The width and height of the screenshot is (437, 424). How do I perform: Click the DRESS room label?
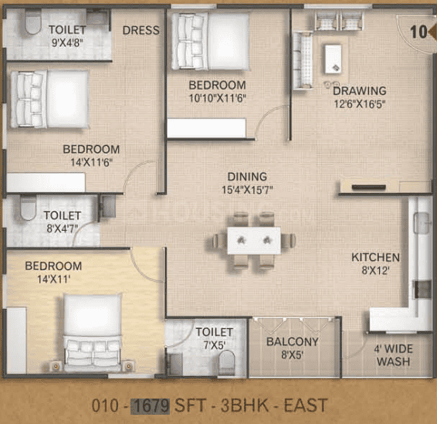click(141, 30)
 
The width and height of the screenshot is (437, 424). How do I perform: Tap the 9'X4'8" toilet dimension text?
click(67, 42)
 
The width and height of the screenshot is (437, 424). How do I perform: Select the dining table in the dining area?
click(254, 240)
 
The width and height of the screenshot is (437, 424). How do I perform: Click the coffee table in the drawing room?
click(333, 59)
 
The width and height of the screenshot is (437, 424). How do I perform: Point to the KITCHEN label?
click(375, 257)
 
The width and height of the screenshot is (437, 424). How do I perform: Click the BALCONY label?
click(293, 341)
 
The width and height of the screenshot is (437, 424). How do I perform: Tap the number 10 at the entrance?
click(418, 32)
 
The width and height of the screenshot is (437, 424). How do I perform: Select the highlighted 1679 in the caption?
click(151, 405)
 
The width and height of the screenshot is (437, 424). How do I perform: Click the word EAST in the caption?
click(306, 405)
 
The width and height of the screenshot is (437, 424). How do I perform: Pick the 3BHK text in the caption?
click(245, 405)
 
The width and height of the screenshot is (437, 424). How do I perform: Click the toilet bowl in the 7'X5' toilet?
click(226, 363)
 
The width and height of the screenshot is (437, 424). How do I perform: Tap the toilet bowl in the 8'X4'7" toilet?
click(29, 208)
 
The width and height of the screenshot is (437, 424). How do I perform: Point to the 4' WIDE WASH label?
click(393, 354)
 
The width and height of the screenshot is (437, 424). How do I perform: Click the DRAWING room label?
click(360, 90)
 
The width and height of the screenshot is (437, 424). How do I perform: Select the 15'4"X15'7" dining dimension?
click(247, 190)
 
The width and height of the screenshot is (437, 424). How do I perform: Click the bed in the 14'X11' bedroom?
click(93, 333)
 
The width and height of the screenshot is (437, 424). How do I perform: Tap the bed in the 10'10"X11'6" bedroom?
click(211, 42)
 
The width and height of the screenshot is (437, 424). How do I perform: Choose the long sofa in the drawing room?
click(303, 60)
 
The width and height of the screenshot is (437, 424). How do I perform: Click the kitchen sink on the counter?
click(422, 222)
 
